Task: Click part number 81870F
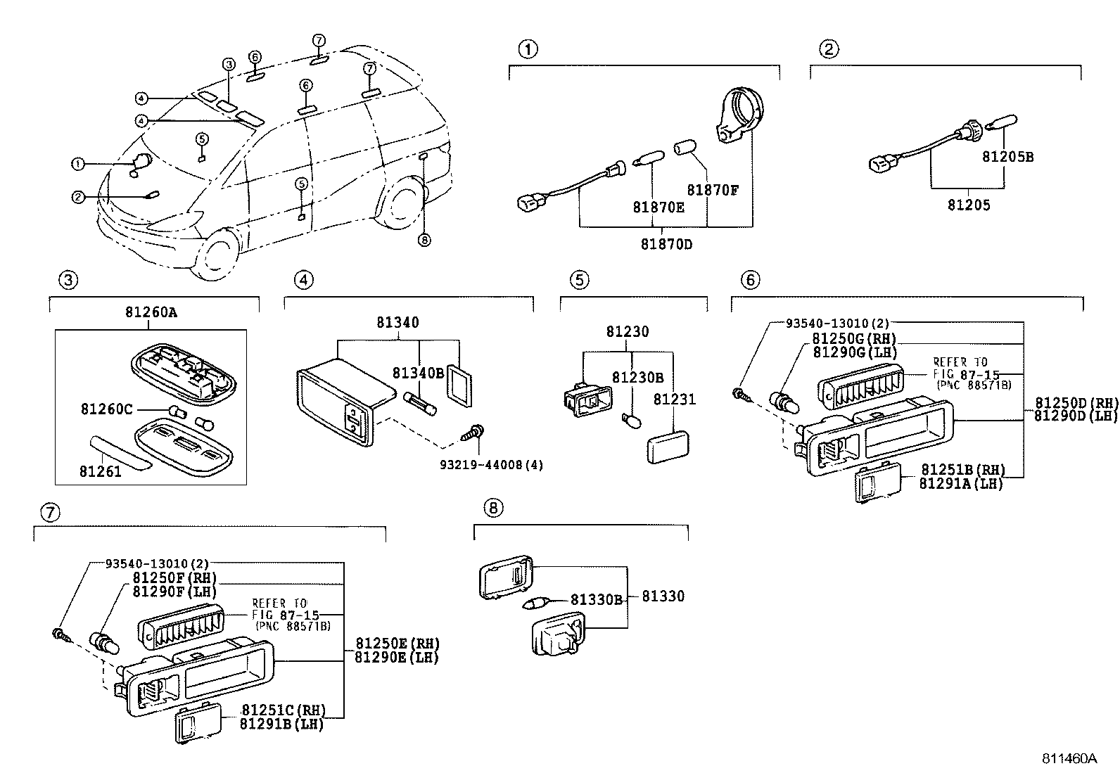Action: [x=713, y=190]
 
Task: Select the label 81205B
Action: [x=1007, y=157]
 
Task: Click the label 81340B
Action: [x=418, y=373]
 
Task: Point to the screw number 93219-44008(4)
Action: [x=481, y=466]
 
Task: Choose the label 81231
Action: [x=674, y=400]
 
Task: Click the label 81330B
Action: [x=597, y=600]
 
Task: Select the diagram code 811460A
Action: [x=1069, y=759]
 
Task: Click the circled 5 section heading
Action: [x=578, y=280]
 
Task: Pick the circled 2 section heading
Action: [x=829, y=49]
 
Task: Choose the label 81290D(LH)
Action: [x=1075, y=416]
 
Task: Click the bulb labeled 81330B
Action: [x=537, y=603]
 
